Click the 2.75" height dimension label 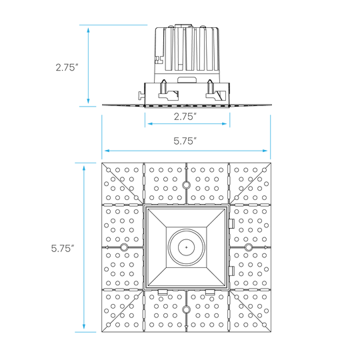click(x=67, y=67)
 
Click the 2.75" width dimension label click(x=185, y=117)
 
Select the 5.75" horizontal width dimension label click(x=185, y=141)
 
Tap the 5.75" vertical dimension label click(x=63, y=248)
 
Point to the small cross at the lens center click(x=186, y=247)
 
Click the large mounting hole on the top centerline click(x=186, y=185)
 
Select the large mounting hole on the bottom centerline click(x=186, y=309)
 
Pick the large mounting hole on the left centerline click(x=124, y=247)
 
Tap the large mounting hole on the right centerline click(x=248, y=247)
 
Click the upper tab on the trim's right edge click(x=231, y=223)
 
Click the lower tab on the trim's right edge click(x=231, y=271)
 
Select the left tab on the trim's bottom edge click(x=162, y=292)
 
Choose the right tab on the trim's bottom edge click(x=210, y=292)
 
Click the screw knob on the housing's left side click(x=141, y=95)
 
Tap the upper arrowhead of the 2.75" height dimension click(x=88, y=30)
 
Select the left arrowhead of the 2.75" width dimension click(x=151, y=124)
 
